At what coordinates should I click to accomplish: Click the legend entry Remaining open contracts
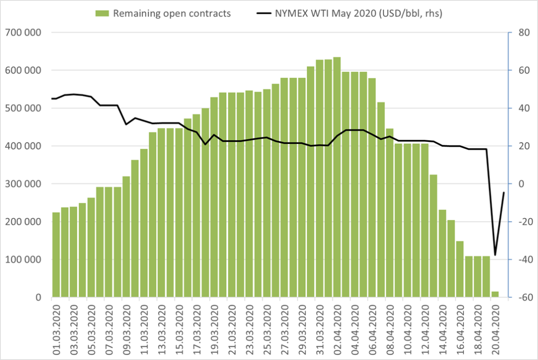(x=171, y=14)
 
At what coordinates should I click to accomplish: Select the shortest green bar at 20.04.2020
(x=495, y=294)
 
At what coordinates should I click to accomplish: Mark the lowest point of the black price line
(x=495, y=255)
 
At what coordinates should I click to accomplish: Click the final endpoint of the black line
(x=504, y=192)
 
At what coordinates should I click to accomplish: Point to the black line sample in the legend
(x=263, y=14)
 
